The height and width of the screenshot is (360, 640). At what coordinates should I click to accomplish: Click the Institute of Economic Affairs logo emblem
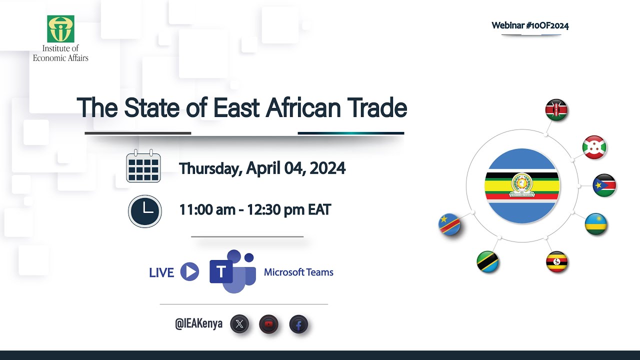(60, 28)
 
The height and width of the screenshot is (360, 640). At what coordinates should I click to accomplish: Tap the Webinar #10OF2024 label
(530, 25)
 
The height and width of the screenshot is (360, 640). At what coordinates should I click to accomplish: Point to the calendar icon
(143, 166)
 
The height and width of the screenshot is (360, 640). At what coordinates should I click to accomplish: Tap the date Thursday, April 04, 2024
(262, 168)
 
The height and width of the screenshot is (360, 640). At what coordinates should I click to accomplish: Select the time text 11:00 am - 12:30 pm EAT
(255, 209)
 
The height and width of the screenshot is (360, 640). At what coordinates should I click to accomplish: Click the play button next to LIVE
(189, 272)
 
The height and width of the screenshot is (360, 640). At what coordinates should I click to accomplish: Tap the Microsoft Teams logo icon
(232, 271)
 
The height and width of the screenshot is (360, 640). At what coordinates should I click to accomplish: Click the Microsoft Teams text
(298, 272)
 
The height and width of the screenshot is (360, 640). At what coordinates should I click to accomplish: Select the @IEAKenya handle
(198, 324)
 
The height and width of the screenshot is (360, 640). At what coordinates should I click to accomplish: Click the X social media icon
(239, 324)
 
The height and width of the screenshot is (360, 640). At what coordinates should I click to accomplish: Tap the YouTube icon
(269, 324)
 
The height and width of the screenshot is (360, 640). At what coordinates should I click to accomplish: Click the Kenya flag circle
(556, 110)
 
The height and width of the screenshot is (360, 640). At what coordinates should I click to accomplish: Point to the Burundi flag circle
(594, 147)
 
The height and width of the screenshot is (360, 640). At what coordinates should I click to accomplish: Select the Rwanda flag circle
(596, 224)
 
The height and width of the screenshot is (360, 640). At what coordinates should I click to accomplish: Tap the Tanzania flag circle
(487, 261)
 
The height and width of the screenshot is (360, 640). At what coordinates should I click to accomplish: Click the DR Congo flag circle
(449, 224)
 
